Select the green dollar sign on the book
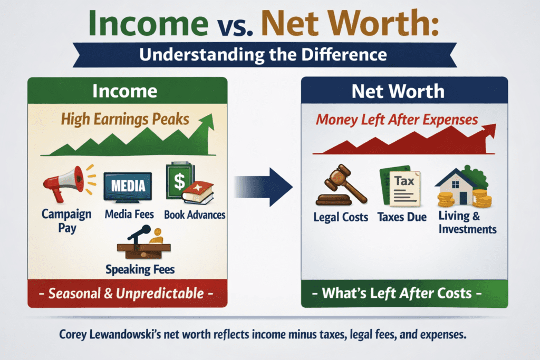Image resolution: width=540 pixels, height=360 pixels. click(x=179, y=182)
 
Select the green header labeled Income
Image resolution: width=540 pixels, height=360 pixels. click(x=127, y=91)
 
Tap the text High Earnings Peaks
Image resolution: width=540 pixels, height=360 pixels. click(x=125, y=119)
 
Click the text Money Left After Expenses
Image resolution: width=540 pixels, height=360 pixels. click(x=397, y=119)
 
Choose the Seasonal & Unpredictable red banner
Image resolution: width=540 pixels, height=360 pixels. click(x=127, y=294)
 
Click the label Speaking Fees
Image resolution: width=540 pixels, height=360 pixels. click(x=140, y=269)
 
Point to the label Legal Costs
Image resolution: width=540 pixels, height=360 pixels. click(x=341, y=217)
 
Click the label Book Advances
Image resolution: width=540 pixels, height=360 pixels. click(x=195, y=215)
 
